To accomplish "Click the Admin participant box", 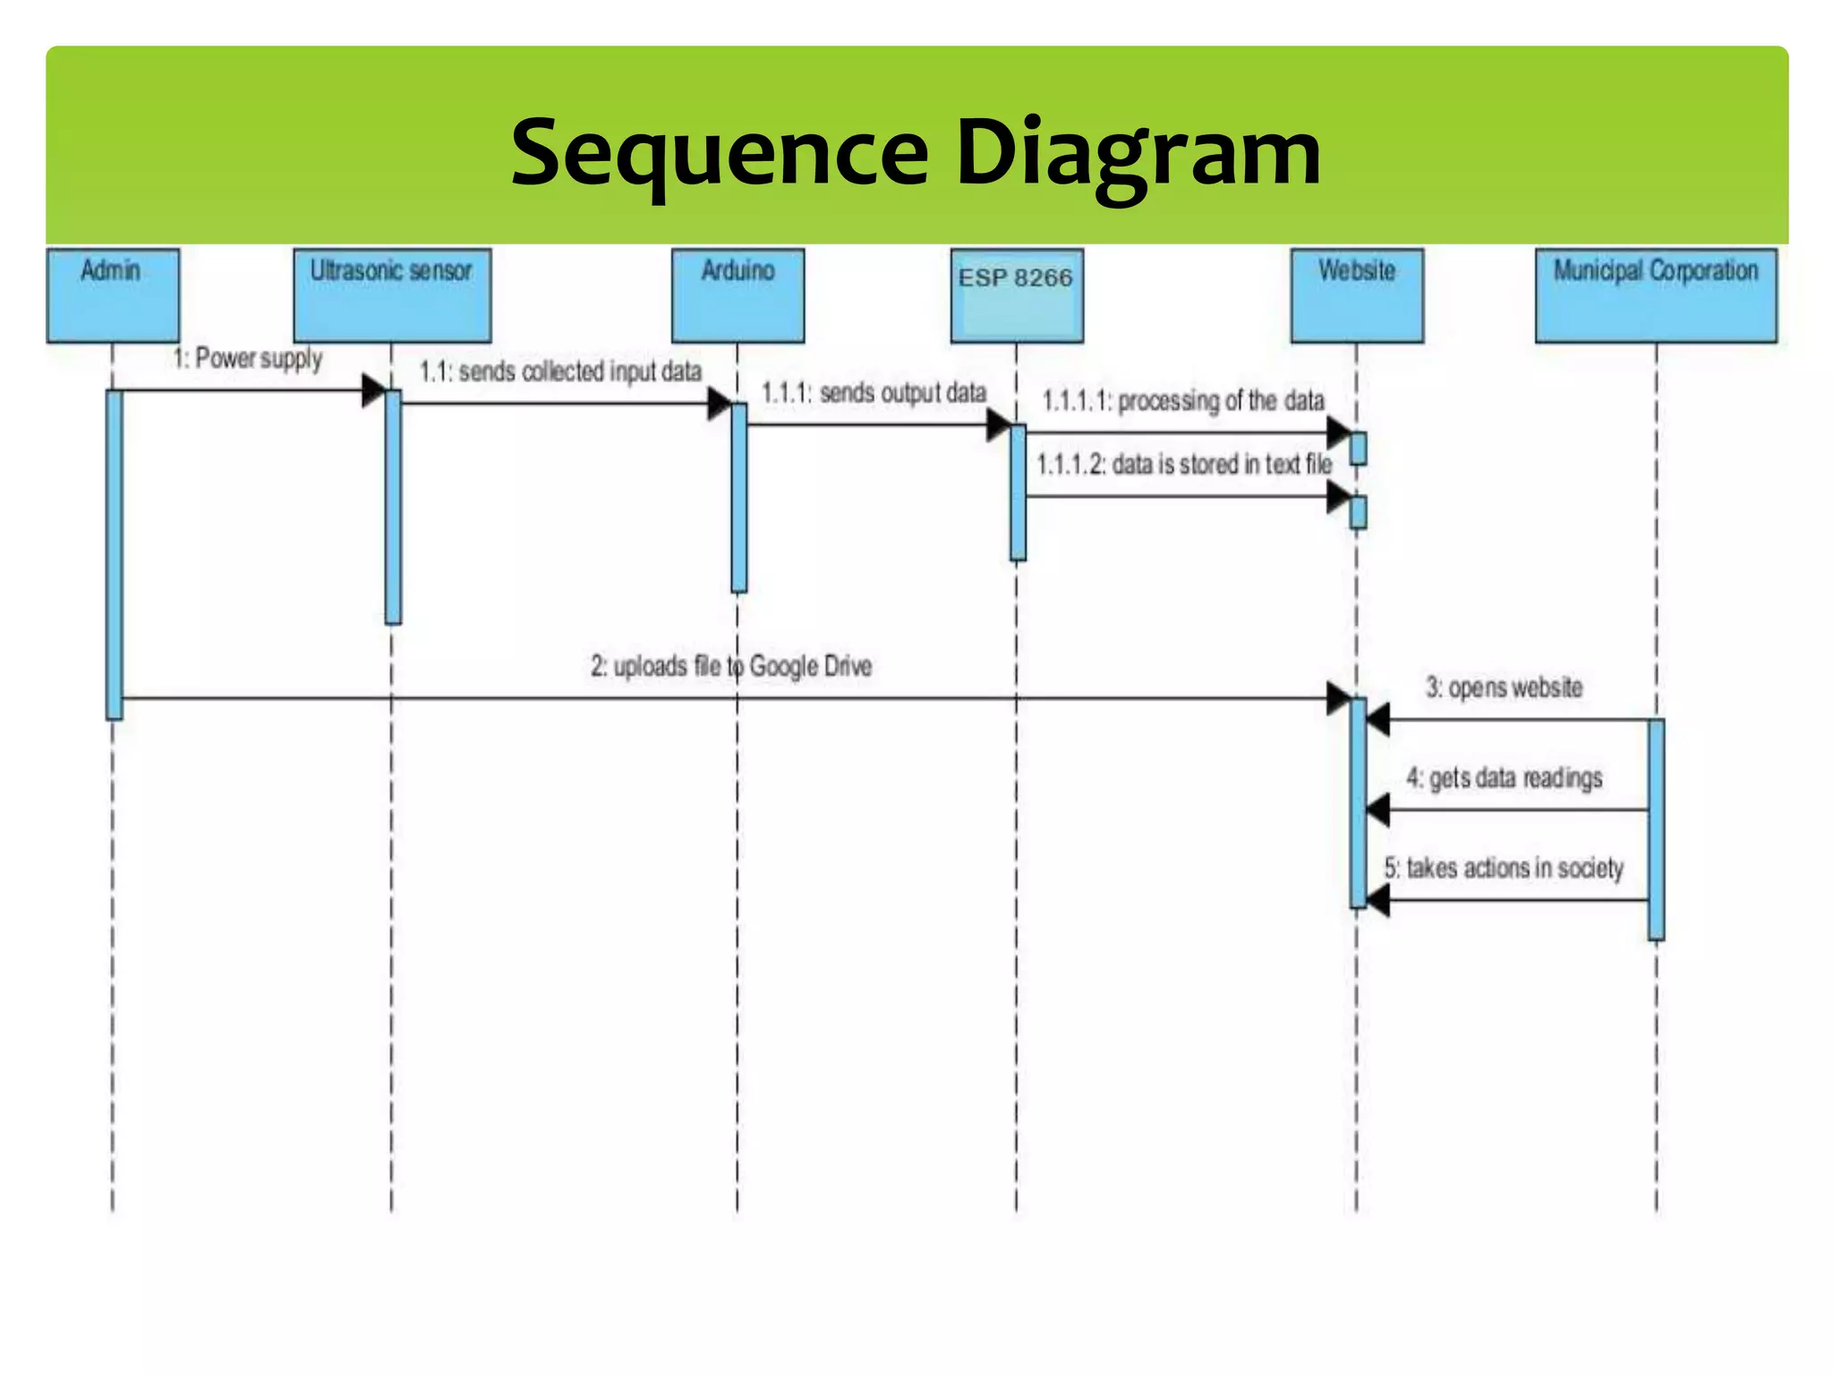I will pyautogui.click(x=113, y=295).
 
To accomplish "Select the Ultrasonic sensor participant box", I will pyautogui.click(x=392, y=295).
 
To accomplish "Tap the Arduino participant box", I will pyautogui.click(x=737, y=295).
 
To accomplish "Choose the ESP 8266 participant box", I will pyautogui.click(x=1017, y=295).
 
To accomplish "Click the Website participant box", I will pyautogui.click(x=1357, y=295).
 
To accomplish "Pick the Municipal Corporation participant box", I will pyautogui.click(x=1656, y=295).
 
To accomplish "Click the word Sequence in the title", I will pyautogui.click(x=720, y=153).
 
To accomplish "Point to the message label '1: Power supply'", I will pyautogui.click(x=247, y=358).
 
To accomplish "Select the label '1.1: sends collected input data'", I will pyautogui.click(x=561, y=372).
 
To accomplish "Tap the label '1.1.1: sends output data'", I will pyautogui.click(x=874, y=393).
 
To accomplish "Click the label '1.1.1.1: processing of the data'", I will pyautogui.click(x=1182, y=400).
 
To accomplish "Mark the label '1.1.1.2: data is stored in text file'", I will pyautogui.click(x=1183, y=464).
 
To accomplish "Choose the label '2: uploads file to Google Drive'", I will pyautogui.click(x=730, y=666).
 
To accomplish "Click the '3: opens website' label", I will pyautogui.click(x=1504, y=687).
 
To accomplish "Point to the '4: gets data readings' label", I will pyautogui.click(x=1504, y=778).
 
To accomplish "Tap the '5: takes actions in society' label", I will pyautogui.click(x=1504, y=867).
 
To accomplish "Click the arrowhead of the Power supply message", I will pyautogui.click(x=373, y=390).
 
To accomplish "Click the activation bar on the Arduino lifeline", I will pyautogui.click(x=738, y=498).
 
